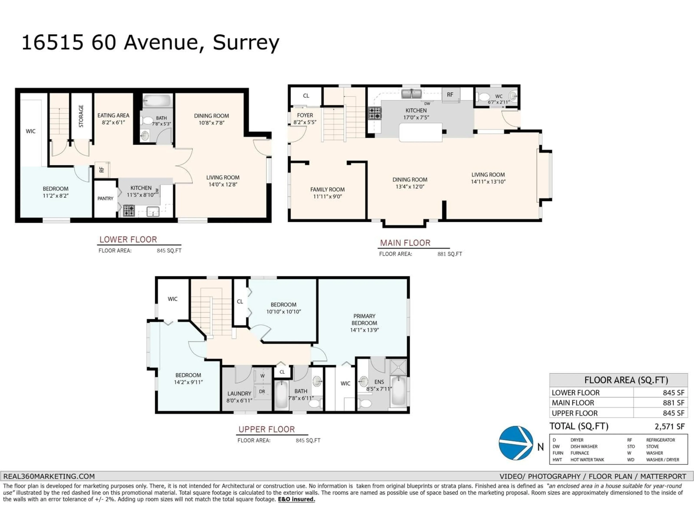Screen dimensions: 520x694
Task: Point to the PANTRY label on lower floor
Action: [x=105, y=198]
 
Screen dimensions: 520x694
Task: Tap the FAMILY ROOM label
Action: [x=327, y=190]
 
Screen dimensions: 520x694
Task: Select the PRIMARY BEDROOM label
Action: [x=364, y=319]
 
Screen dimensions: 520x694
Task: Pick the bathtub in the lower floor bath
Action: [x=157, y=101]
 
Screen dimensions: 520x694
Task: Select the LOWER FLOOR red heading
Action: [x=128, y=239]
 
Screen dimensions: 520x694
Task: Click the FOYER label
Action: [x=305, y=115]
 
